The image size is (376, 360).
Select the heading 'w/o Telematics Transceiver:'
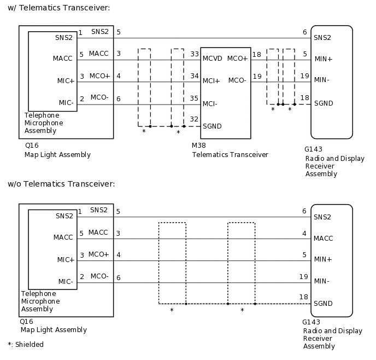point(61,183)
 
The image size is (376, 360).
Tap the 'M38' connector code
point(198,147)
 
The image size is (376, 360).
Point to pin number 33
point(195,54)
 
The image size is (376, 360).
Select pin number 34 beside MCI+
point(195,76)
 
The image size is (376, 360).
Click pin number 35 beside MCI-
point(195,98)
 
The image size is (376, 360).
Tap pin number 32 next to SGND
point(195,119)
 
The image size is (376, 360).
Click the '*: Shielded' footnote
point(25,345)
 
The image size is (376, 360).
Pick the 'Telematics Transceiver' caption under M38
point(230,155)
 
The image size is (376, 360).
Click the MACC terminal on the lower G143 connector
point(324,239)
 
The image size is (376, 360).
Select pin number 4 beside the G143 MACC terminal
point(304,233)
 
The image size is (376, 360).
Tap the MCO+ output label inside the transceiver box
point(237,59)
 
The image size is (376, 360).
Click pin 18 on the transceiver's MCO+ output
point(257,54)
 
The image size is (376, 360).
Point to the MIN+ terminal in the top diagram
point(324,59)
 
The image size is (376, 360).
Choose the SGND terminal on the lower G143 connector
point(323,304)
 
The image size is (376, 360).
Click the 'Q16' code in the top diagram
point(31,147)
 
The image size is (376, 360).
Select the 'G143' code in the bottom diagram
point(311,322)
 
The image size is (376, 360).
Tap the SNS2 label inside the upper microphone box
point(64,38)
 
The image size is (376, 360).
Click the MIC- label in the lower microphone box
point(66,281)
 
